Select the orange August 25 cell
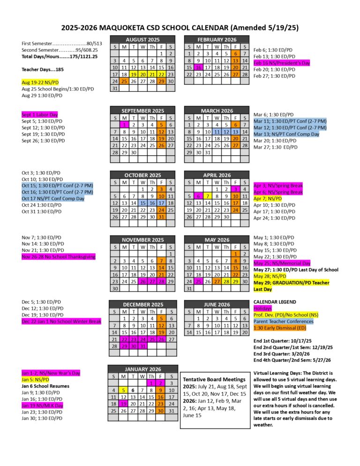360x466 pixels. (x=124, y=81)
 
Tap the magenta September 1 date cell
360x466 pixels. (x=124, y=125)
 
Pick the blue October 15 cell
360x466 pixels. (x=142, y=203)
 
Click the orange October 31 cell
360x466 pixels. (x=161, y=217)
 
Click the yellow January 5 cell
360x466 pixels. (x=124, y=390)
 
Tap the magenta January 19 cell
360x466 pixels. (x=124, y=403)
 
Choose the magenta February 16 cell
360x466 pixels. (x=198, y=67)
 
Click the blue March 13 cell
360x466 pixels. (x=235, y=132)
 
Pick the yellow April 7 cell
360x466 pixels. (x=208, y=196)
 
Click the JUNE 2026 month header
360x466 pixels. (x=217, y=304)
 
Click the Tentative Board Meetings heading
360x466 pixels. (x=214, y=378)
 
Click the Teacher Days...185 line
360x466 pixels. (x=42, y=69)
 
